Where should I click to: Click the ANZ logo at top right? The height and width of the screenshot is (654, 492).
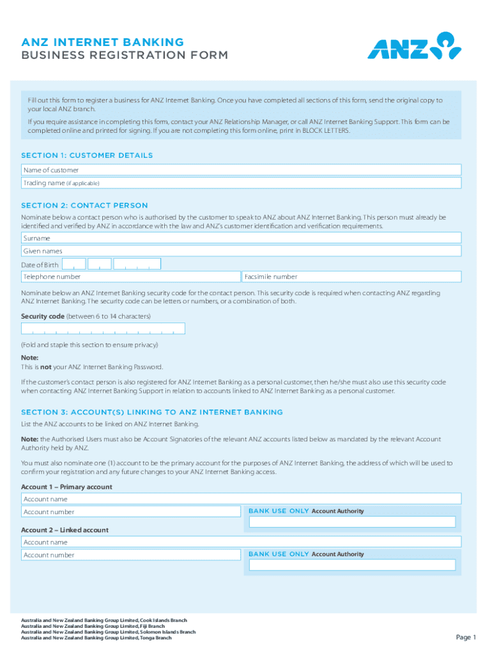(413, 46)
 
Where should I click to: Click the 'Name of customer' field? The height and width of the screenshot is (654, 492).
(241, 170)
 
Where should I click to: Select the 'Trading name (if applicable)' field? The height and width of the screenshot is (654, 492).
(241, 183)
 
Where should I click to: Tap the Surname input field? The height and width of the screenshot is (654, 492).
(241, 238)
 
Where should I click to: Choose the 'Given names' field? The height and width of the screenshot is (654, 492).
(241, 251)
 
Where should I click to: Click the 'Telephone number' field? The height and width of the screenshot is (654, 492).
(131, 277)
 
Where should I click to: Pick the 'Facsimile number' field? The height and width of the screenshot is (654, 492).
(351, 277)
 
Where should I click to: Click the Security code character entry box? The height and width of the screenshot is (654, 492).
(103, 328)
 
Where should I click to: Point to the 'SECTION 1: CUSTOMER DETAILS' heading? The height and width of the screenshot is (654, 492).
(87, 155)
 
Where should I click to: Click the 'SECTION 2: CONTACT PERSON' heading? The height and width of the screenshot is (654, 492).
(84, 206)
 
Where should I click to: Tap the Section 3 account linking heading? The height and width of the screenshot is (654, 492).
(152, 413)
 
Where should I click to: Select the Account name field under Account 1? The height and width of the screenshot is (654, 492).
(241, 499)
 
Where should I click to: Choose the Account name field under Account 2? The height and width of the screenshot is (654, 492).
(241, 542)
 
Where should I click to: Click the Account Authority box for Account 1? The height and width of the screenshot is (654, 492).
(352, 522)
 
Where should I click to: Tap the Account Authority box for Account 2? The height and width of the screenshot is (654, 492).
(352, 565)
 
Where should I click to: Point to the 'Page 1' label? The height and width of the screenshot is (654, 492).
(466, 637)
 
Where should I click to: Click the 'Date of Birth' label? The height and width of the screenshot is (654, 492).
(41, 265)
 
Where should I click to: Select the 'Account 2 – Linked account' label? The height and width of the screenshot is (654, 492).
(65, 530)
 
